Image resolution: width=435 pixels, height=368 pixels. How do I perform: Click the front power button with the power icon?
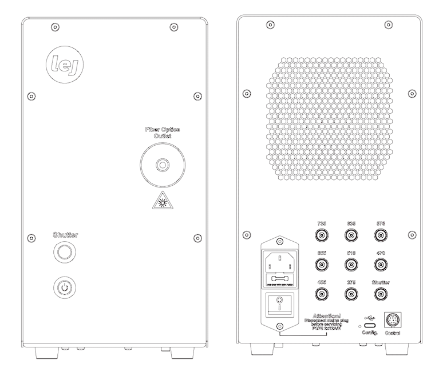click(65, 286)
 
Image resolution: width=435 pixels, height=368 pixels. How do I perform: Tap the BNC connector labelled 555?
click(322, 265)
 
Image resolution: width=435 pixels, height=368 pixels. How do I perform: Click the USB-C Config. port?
click(369, 326)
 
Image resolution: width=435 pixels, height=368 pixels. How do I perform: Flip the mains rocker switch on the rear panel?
click(280, 307)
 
